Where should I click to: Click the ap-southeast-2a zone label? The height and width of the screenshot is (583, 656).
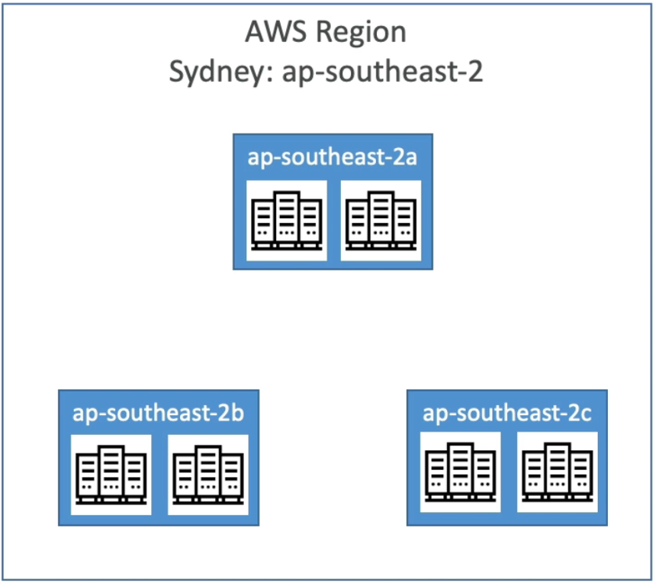tap(333, 157)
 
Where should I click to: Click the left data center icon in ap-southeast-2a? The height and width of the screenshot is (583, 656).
tap(286, 221)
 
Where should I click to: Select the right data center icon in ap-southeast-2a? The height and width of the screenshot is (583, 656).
tap(381, 221)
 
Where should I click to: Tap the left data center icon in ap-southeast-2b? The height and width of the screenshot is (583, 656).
tap(111, 475)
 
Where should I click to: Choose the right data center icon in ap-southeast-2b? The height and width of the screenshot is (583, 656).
tap(207, 475)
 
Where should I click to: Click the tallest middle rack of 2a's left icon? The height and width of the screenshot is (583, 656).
tap(286, 217)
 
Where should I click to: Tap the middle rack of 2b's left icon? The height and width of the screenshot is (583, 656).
tap(111, 471)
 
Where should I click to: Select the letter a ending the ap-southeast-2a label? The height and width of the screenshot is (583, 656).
tap(409, 158)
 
